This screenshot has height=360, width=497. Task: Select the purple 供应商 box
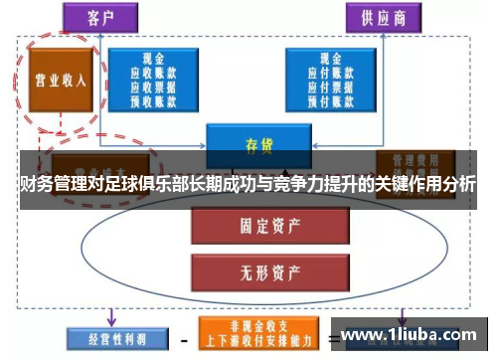click(382, 17)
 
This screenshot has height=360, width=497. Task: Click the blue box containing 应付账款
click(327, 81)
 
